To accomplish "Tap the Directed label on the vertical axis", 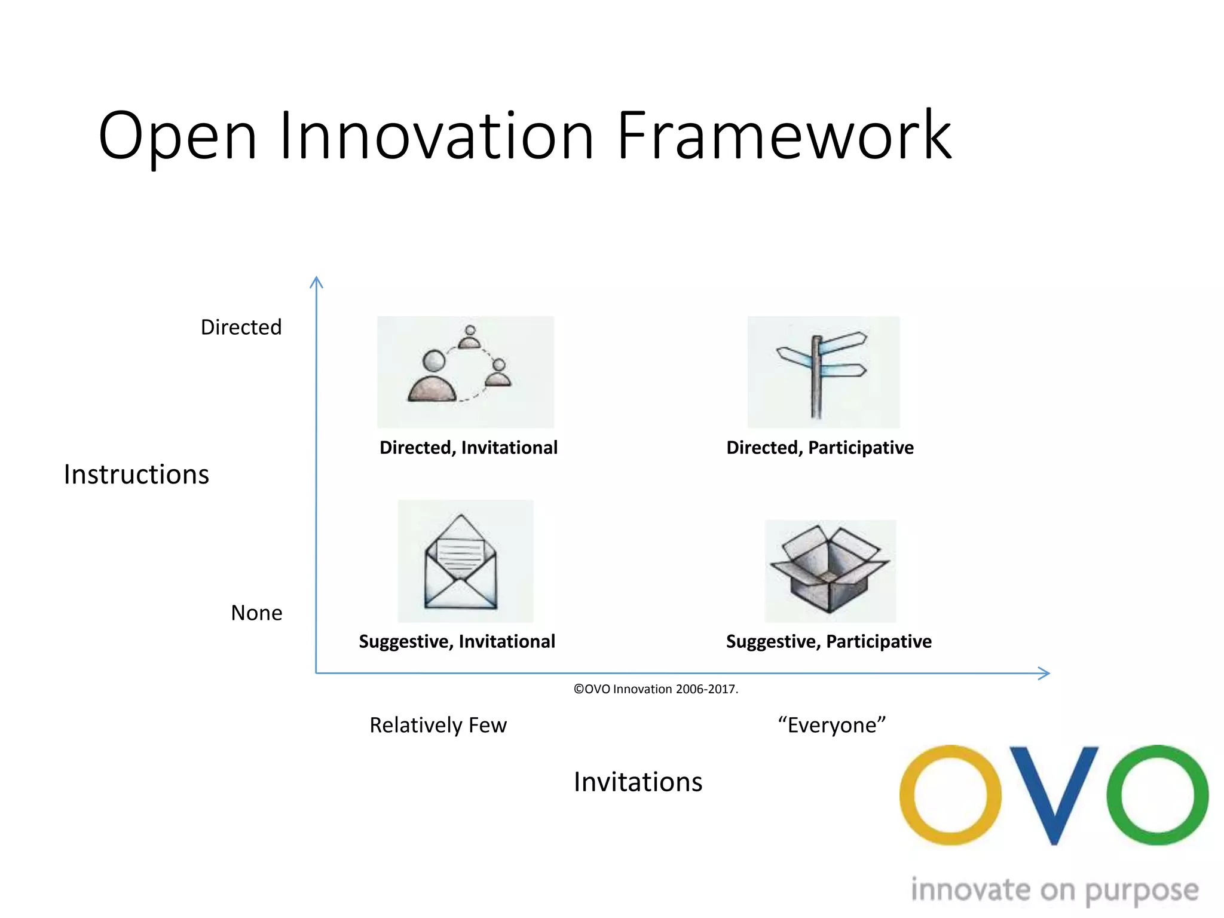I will click(241, 328).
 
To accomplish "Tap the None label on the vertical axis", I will click(256, 613).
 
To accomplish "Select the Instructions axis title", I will click(136, 475).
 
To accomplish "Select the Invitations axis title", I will click(638, 782).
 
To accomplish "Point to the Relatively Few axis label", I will click(438, 725).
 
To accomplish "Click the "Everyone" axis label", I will click(831, 725).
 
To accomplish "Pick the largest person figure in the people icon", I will click(432, 380).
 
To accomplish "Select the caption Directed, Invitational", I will click(469, 448).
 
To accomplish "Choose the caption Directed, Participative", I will click(820, 448).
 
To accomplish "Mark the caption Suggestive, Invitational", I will click(457, 641).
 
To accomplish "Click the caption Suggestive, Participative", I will click(828, 641).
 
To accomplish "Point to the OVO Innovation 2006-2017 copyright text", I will click(656, 689).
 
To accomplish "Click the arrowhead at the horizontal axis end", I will click(1044, 674).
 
